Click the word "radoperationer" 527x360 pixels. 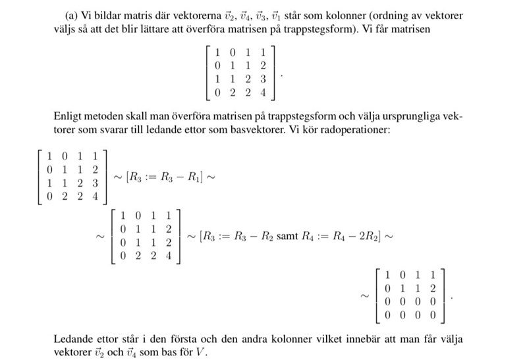[x=358, y=130]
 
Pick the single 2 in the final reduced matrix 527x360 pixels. [x=432, y=287]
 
